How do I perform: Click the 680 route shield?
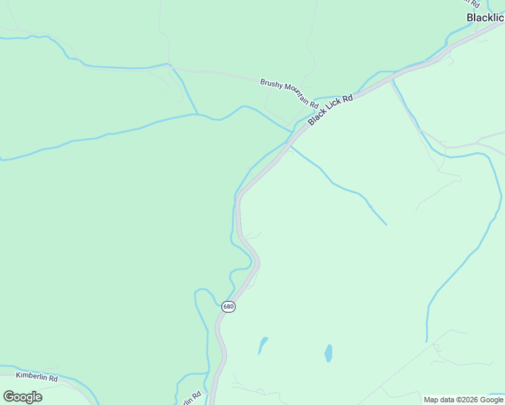click(x=228, y=306)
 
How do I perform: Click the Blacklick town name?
click(x=485, y=18)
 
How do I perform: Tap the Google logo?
click(x=22, y=397)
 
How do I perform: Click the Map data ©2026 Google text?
click(x=463, y=400)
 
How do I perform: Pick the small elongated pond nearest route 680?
click(x=263, y=346)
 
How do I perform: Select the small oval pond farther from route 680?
click(x=328, y=353)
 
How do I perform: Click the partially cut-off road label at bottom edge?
click(x=192, y=399)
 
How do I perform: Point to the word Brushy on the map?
click(x=271, y=84)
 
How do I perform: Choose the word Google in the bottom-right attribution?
click(x=491, y=400)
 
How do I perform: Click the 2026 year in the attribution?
click(x=467, y=400)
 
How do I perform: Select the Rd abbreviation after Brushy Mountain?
click(x=314, y=105)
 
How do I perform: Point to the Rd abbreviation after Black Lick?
click(x=348, y=99)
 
